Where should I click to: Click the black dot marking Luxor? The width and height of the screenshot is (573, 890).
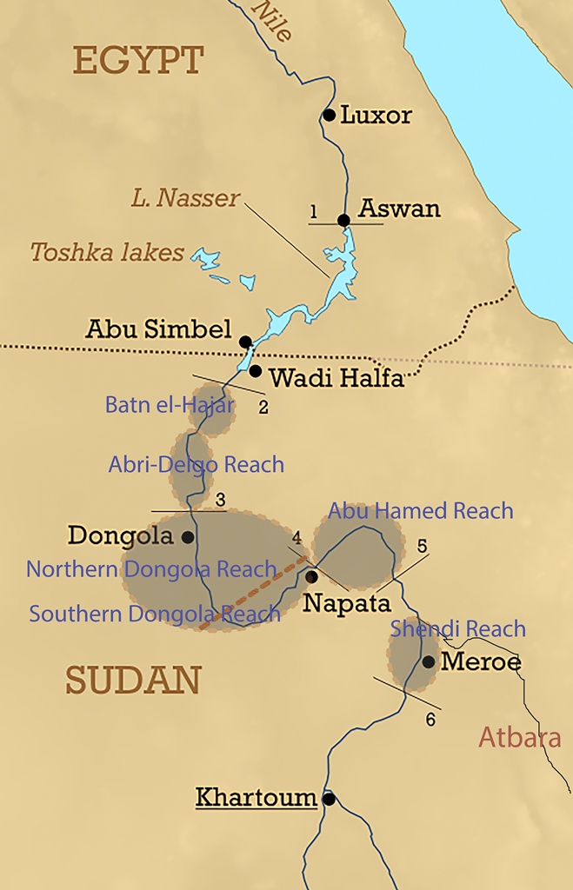(x=329, y=115)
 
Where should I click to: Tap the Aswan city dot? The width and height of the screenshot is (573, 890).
(x=343, y=220)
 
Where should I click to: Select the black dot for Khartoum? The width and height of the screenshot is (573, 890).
(x=328, y=798)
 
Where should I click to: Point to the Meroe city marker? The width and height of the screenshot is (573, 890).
(x=428, y=662)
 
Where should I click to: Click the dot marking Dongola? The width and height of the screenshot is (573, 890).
(x=187, y=537)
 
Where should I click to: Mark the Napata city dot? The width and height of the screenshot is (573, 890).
(x=311, y=576)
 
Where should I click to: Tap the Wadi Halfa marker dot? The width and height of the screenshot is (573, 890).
(x=255, y=371)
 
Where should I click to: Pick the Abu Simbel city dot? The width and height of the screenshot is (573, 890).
(x=245, y=342)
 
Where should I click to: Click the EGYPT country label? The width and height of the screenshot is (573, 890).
(x=138, y=62)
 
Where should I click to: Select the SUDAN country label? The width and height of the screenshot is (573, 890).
(x=133, y=680)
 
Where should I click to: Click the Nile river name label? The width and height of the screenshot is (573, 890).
(x=271, y=19)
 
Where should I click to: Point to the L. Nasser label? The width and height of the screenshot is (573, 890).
(x=185, y=198)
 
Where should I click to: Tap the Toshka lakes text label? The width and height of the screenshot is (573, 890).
(x=107, y=253)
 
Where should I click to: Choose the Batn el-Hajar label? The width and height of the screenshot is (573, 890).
(x=170, y=405)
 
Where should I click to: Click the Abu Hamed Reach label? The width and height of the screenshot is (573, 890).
(x=420, y=510)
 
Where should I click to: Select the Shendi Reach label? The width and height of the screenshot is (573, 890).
(x=457, y=628)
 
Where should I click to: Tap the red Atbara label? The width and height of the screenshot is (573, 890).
(x=519, y=738)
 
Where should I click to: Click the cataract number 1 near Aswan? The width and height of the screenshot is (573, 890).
(x=313, y=211)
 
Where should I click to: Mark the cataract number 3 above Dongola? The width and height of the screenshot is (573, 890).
(x=220, y=500)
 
